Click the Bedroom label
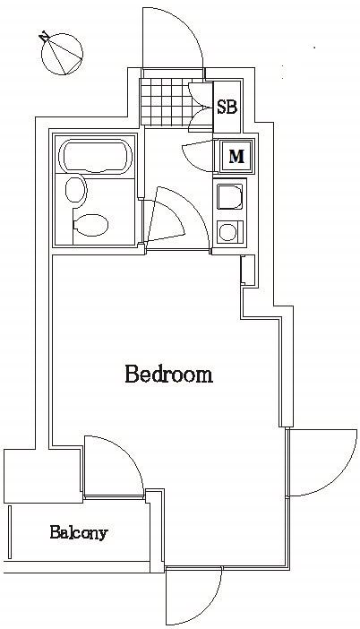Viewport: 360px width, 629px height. pos(168,374)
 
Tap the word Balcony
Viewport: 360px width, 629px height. pos(79,533)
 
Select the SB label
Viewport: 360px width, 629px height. pos(227,108)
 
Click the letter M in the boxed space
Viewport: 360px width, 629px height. pos(236,156)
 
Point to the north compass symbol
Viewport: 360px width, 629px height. pos(61,54)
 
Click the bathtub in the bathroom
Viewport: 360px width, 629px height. pos(96,156)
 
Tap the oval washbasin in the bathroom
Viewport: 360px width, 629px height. pos(76,190)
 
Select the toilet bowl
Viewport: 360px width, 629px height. pos(91,226)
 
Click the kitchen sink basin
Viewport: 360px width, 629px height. pos(230,196)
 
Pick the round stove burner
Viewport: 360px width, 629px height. pos(228,232)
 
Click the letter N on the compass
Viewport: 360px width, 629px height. pos(44,37)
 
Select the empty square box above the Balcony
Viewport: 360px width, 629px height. pos(42,476)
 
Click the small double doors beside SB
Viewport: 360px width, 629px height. pos(201,107)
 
